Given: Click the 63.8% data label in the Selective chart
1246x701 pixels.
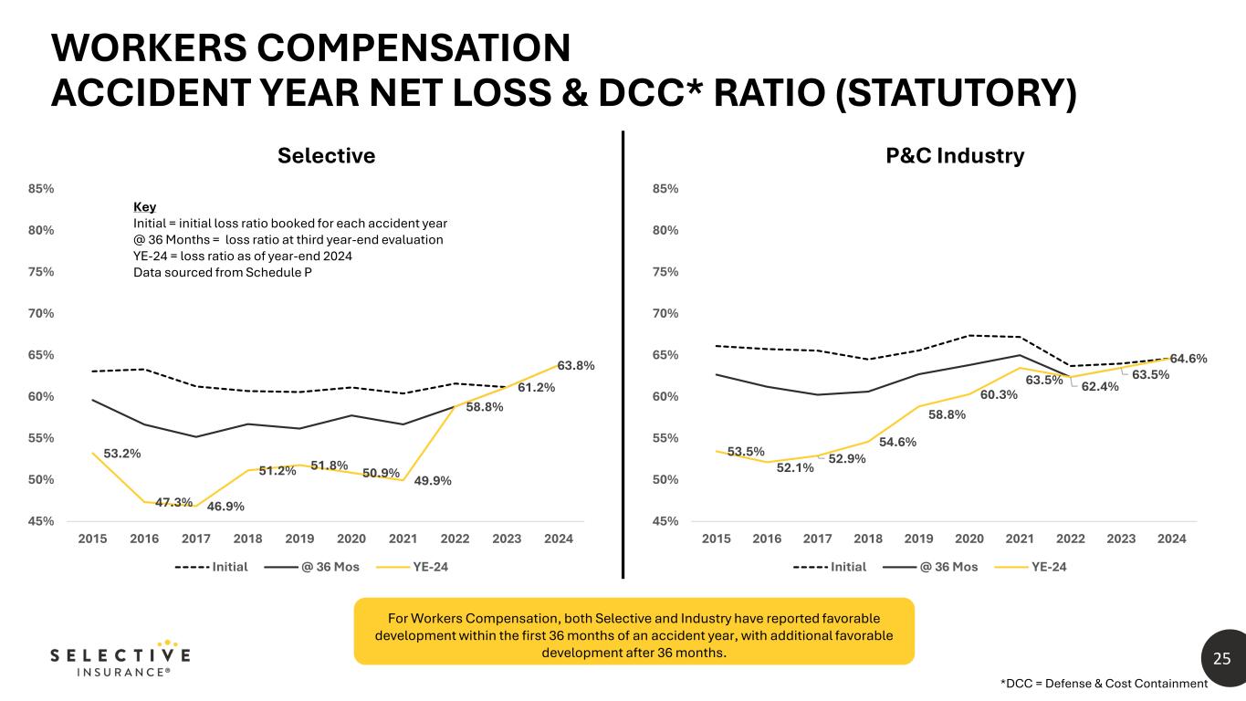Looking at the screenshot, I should pyautogui.click(x=576, y=366).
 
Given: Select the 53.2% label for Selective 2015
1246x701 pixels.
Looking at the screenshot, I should pyautogui.click(x=121, y=453).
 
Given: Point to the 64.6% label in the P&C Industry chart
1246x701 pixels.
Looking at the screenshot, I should pyautogui.click(x=1188, y=359).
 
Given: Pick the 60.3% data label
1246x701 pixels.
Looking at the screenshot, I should pyautogui.click(x=1000, y=395).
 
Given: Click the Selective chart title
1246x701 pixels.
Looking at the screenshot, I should pyautogui.click(x=327, y=156).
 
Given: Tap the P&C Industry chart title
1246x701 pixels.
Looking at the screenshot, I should pyautogui.click(x=955, y=156).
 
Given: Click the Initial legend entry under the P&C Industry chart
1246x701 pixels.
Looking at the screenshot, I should pyautogui.click(x=831, y=567).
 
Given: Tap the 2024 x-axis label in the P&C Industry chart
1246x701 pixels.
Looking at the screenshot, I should pyautogui.click(x=1172, y=539).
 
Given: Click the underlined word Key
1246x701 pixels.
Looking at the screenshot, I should pyautogui.click(x=144, y=207).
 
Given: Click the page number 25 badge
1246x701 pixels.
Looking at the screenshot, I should pyautogui.click(x=1221, y=658).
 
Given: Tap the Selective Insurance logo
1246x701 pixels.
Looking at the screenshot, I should pyautogui.click(x=120, y=659).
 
